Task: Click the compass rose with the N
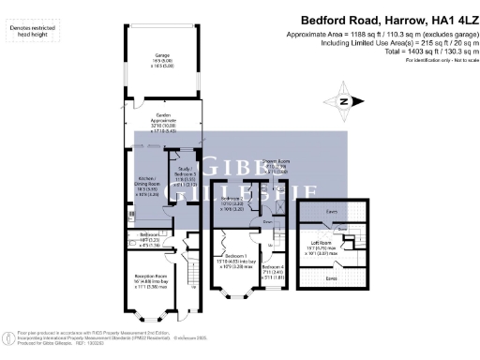345,101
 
